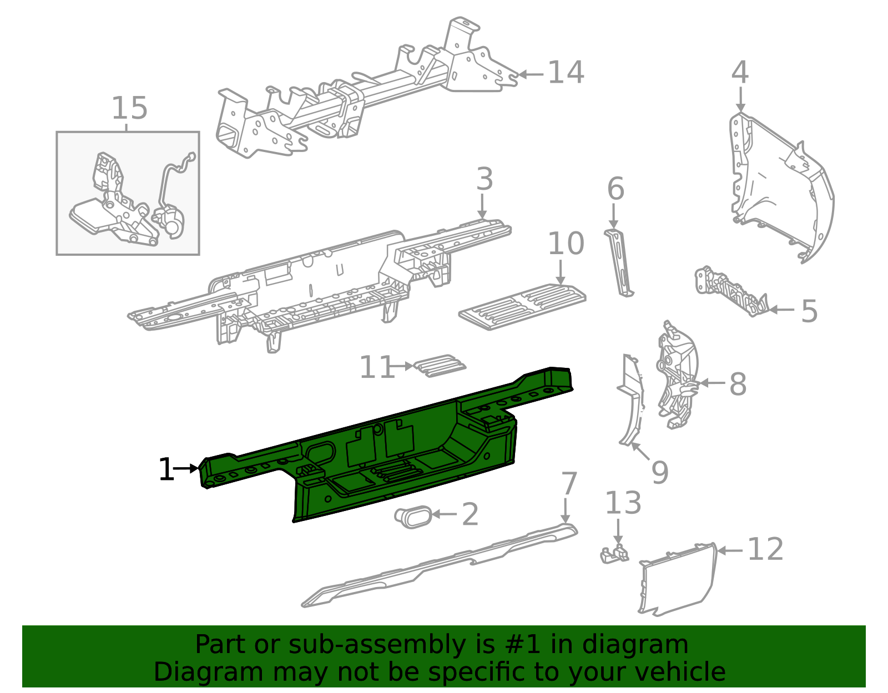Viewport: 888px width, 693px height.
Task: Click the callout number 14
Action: [x=566, y=73]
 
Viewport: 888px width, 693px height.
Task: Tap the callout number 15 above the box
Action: [x=129, y=108]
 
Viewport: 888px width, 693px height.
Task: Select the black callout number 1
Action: [x=167, y=469]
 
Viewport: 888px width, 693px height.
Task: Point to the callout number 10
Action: [x=566, y=244]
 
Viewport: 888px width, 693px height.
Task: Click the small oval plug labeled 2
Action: [x=413, y=517]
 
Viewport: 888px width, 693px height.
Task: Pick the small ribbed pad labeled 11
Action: [x=440, y=366]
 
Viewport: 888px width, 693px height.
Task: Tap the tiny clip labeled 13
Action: [x=614, y=554]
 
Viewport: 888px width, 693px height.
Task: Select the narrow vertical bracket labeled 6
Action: [x=619, y=263]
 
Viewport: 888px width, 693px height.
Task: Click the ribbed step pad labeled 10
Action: [x=522, y=306]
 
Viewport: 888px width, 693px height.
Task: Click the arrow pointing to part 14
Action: [x=531, y=74]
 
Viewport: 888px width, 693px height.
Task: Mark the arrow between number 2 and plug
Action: [x=444, y=514]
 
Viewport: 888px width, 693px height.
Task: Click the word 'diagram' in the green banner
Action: [x=635, y=645]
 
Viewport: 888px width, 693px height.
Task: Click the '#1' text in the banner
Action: [x=523, y=644]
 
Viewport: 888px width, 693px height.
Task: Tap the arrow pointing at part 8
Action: [x=712, y=383]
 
